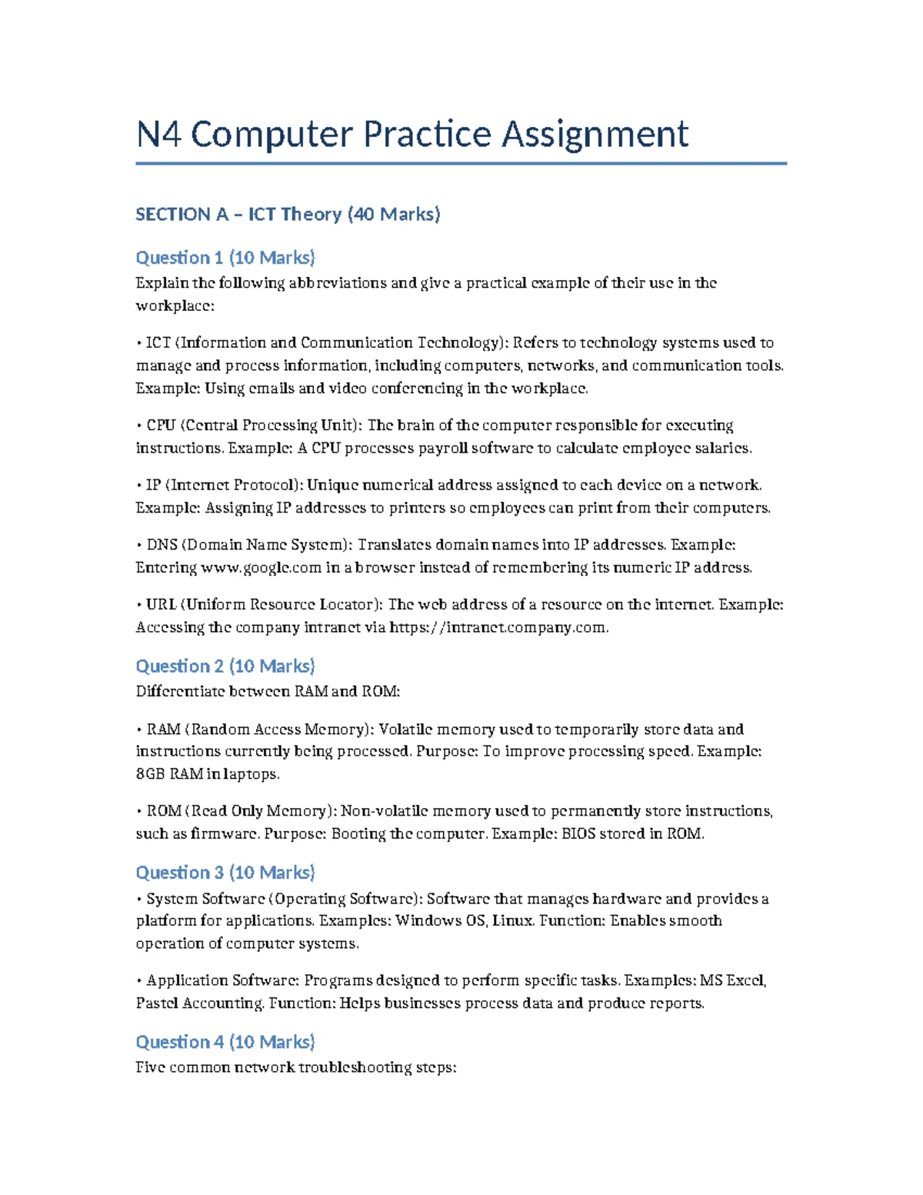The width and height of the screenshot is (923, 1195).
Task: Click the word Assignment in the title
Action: pyautogui.click(x=595, y=135)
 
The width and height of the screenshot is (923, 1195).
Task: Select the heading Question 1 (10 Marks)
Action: pyautogui.click(x=225, y=257)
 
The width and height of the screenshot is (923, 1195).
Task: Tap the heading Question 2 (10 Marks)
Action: pyautogui.click(x=225, y=666)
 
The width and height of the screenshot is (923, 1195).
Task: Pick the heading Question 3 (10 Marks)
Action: pyautogui.click(x=225, y=873)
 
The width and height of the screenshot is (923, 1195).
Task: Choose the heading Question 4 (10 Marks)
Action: pyautogui.click(x=225, y=1042)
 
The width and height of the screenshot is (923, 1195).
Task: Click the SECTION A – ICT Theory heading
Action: pyautogui.click(x=288, y=214)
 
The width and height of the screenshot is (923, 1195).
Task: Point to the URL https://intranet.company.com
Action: pyautogui.click(x=498, y=627)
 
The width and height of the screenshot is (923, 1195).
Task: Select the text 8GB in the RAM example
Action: pyautogui.click(x=150, y=774)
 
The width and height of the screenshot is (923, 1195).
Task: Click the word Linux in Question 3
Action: pyautogui.click(x=512, y=921)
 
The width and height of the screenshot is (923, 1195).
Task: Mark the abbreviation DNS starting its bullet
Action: pyautogui.click(x=162, y=546)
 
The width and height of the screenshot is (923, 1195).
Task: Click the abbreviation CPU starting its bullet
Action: pyautogui.click(x=161, y=426)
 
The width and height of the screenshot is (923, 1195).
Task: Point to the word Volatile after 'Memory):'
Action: pyautogui.click(x=405, y=729)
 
